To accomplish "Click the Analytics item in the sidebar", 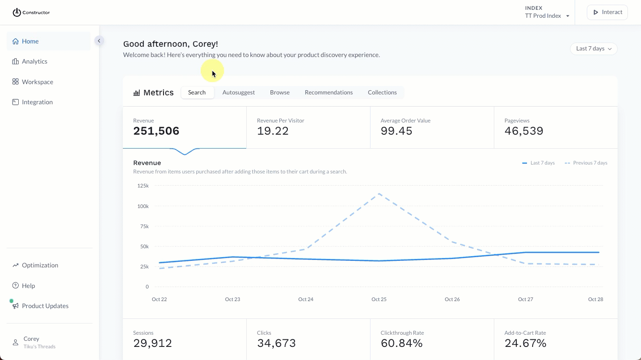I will click(34, 61).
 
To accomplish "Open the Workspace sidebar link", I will click(37, 82).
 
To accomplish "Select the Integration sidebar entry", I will click(37, 102).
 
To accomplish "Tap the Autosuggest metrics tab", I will click(238, 93).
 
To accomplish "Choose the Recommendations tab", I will click(328, 93).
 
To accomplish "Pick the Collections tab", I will click(382, 93).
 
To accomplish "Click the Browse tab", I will click(279, 93).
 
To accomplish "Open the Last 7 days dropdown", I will click(593, 49).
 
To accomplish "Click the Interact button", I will click(607, 12).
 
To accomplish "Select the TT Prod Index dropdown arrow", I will click(568, 16).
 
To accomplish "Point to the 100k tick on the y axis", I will click(142, 206).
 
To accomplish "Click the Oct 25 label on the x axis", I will click(379, 299).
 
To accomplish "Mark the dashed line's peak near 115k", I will click(379, 194).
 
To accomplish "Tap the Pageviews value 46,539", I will click(524, 131).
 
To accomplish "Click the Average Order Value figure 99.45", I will click(396, 131).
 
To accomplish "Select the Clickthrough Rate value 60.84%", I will click(401, 343).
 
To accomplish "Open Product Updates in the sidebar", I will click(45, 306).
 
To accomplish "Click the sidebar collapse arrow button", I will click(99, 41).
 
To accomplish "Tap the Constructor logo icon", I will click(17, 13).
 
